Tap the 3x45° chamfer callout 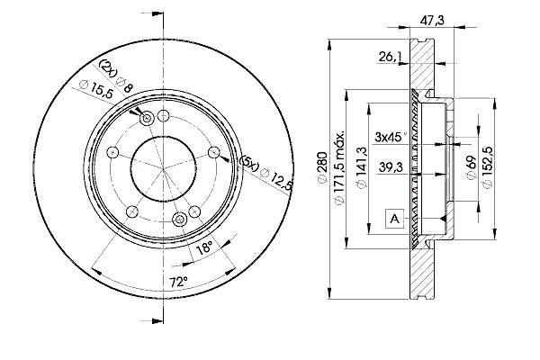[391, 137]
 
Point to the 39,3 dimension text [389, 167]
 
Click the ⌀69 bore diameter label [471, 166]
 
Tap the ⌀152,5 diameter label [489, 166]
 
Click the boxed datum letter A [393, 217]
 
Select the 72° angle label [179, 283]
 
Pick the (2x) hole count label [108, 68]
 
